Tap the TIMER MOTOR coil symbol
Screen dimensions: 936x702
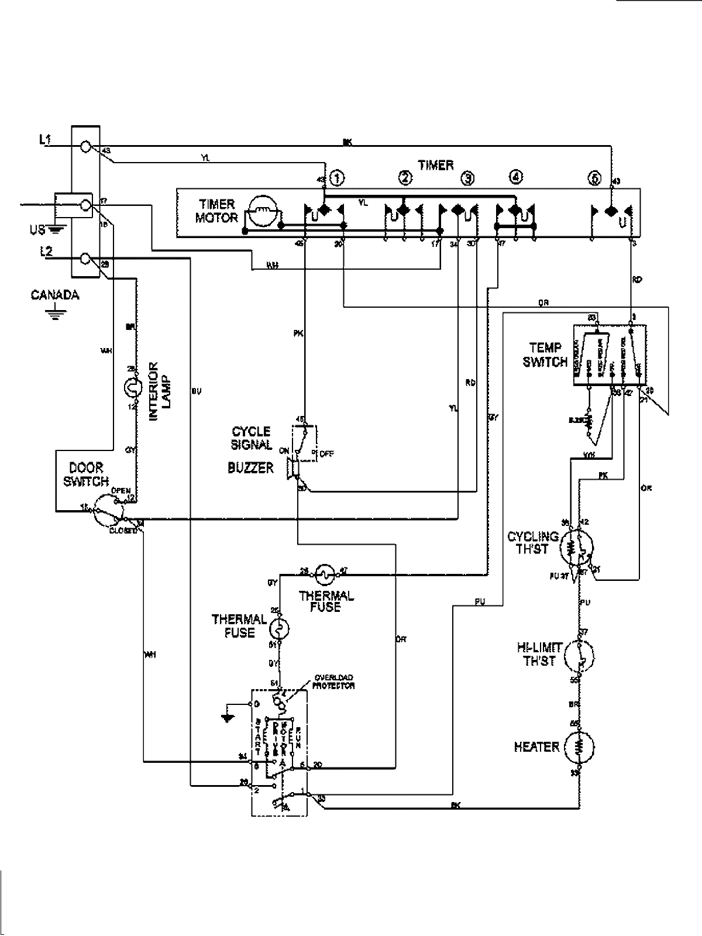coord(262,212)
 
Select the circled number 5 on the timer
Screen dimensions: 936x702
coord(595,178)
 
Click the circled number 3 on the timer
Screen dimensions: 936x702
coord(467,178)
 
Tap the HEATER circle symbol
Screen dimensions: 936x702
coord(579,747)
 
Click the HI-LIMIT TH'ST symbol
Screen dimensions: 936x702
coord(579,656)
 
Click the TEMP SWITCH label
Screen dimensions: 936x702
coord(545,355)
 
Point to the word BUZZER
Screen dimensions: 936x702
coord(250,468)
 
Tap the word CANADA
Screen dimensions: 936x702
coord(55,295)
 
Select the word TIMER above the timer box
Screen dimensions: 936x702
coord(436,166)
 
